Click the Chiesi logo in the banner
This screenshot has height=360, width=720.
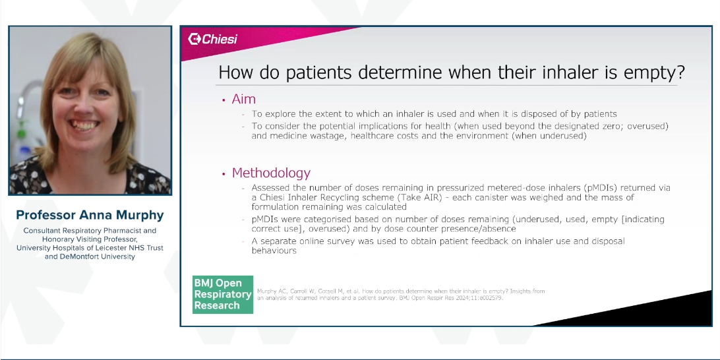click(212, 39)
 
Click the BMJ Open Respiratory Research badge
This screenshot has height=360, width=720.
click(223, 294)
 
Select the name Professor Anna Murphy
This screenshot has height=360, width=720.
click(90, 216)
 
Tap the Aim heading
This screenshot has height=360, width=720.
click(243, 99)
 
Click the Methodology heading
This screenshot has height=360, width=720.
click(271, 173)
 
